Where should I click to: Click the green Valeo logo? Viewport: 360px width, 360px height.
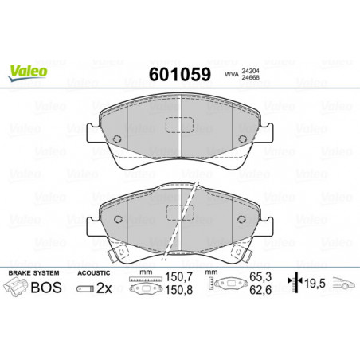click(x=28, y=73)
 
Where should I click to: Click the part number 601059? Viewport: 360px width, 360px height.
click(x=180, y=74)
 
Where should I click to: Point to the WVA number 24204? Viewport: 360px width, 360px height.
click(x=250, y=72)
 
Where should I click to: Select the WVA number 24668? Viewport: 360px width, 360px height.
click(x=250, y=77)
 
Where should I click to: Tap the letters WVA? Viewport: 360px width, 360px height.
click(x=232, y=75)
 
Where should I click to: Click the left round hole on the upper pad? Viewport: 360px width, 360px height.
click(x=117, y=139)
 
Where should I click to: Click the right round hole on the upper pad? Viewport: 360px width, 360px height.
click(x=242, y=139)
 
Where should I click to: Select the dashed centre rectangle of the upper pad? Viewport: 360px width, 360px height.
click(x=180, y=125)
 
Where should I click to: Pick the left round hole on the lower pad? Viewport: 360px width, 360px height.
click(x=118, y=219)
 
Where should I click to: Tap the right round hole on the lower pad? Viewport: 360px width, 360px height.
click(x=241, y=219)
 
